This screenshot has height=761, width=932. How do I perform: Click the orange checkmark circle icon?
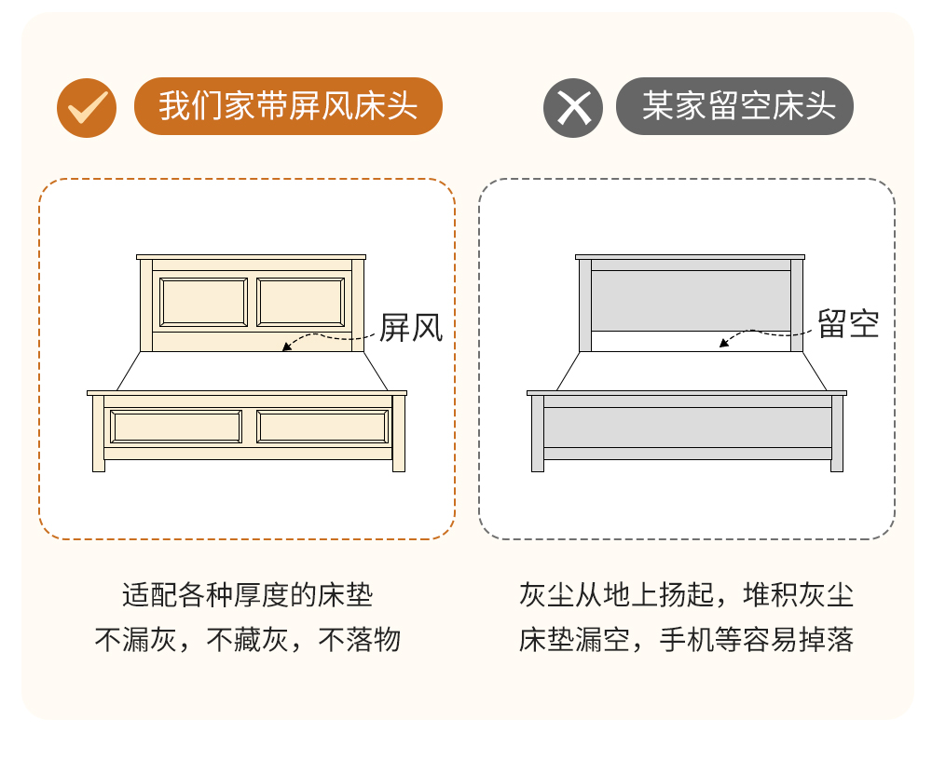[x=87, y=107]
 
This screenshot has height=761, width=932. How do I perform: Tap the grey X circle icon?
[x=573, y=107]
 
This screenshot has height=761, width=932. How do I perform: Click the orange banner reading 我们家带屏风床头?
[x=288, y=106]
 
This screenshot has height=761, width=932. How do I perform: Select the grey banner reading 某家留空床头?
[x=734, y=106]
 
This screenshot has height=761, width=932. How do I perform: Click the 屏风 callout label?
[x=411, y=328]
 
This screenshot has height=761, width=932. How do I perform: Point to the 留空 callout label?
[x=848, y=324]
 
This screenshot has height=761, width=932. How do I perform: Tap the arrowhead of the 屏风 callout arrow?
[x=286, y=347]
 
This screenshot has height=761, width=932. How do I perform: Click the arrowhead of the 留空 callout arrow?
[x=723, y=343]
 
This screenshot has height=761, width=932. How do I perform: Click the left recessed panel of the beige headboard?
[x=203, y=303]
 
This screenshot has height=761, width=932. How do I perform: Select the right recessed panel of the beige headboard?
[x=301, y=303]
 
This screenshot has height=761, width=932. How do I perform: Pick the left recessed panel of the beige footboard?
[x=176, y=427]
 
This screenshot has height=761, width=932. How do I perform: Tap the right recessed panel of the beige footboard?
[x=322, y=427]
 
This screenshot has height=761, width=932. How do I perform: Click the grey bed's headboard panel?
[x=691, y=301]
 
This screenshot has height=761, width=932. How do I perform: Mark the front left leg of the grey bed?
[x=538, y=433]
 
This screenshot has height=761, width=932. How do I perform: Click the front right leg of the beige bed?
[x=399, y=433]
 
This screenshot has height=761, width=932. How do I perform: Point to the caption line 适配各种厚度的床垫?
[x=247, y=595]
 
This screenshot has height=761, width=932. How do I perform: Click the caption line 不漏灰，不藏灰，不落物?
[x=247, y=640]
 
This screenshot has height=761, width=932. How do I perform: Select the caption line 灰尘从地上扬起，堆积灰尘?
[x=687, y=595]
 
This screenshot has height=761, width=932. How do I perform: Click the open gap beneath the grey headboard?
[x=691, y=341]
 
